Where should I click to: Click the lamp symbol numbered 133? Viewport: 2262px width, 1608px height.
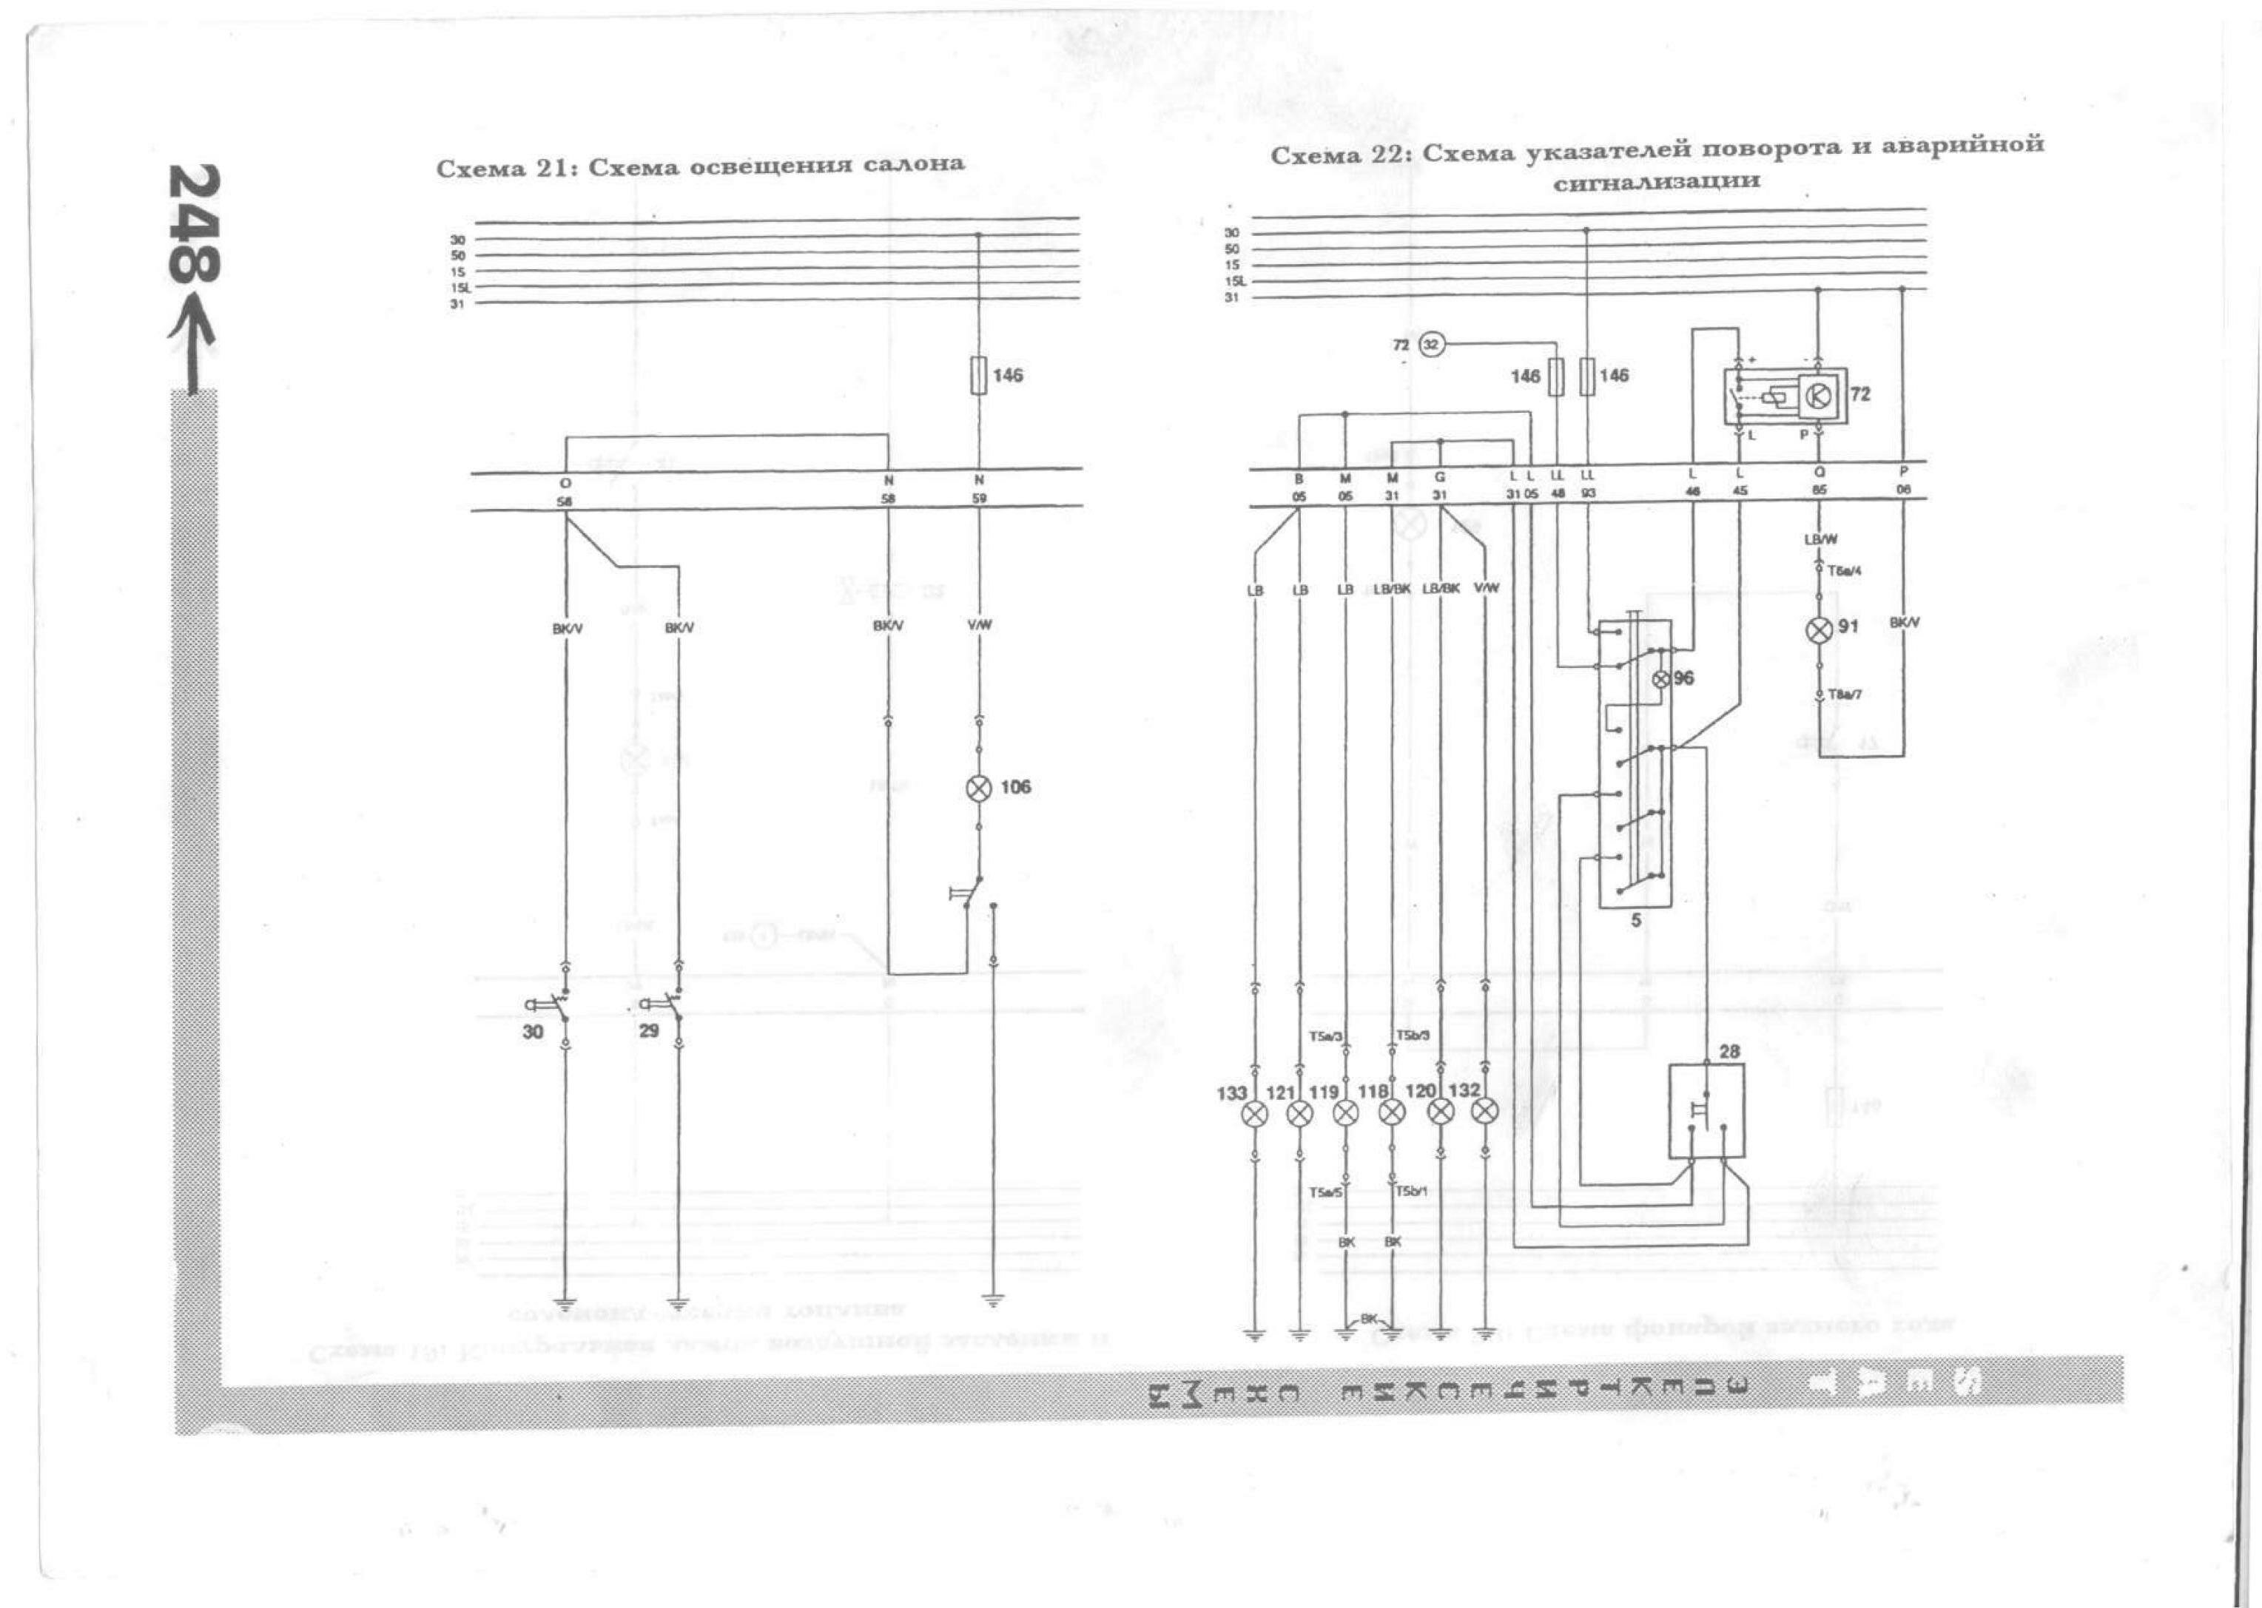coord(1255,1113)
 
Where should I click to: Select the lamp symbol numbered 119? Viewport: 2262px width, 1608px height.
coord(1345,1113)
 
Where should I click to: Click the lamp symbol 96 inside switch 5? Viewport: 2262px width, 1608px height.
coord(1663,679)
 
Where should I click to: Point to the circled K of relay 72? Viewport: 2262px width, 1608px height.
coord(1818,396)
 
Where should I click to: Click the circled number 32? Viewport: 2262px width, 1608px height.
coord(1432,345)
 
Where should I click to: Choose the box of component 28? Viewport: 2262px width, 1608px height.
coord(1706,1111)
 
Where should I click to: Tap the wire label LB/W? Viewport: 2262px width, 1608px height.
coord(1820,540)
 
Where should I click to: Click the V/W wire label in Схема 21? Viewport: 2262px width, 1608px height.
coord(980,626)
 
